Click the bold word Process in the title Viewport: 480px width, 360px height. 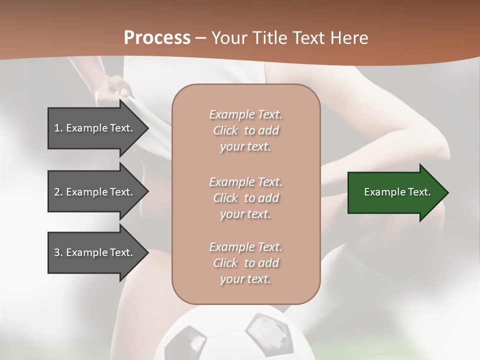[157, 38]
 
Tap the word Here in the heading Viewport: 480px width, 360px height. [348, 38]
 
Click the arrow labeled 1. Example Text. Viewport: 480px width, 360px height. [95, 128]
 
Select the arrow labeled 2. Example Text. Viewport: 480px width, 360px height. [95, 192]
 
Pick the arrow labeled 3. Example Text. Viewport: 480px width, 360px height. [95, 252]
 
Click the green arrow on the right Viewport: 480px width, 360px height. [395, 192]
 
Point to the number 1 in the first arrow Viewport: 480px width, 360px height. [57, 128]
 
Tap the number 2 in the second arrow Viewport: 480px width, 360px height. [57, 192]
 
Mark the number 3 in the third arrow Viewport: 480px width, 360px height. [57, 252]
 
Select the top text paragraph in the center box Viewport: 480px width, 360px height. [245, 130]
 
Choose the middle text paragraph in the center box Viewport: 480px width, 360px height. [245, 198]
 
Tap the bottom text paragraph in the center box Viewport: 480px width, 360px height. [245, 263]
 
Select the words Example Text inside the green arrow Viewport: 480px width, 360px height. [397, 192]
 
